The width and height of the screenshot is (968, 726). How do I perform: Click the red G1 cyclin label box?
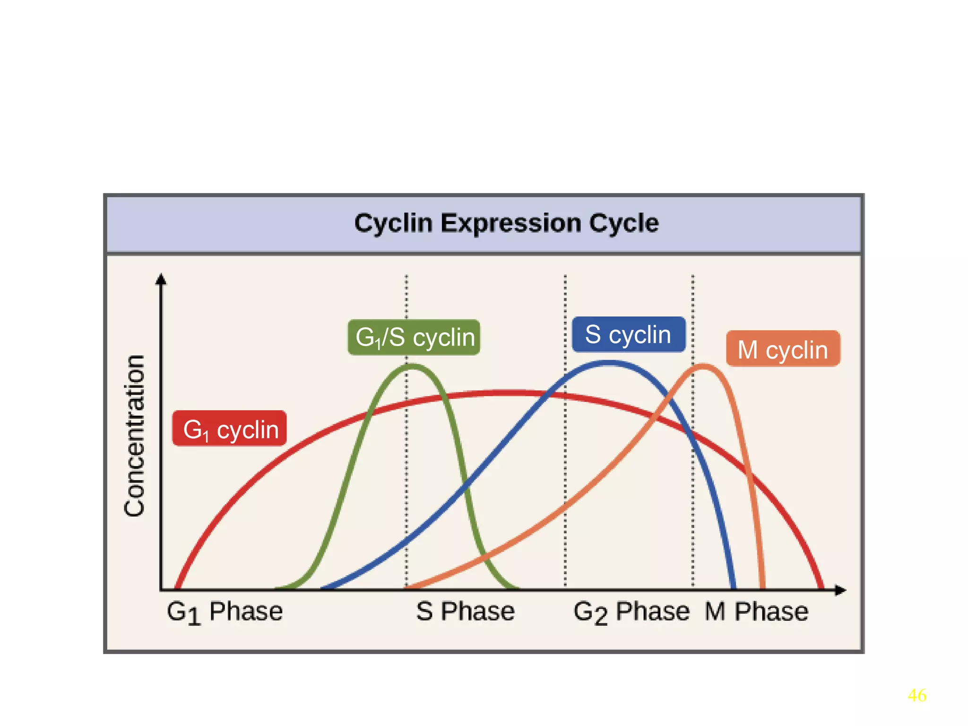tap(229, 428)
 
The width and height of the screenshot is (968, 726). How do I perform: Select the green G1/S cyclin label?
tap(414, 337)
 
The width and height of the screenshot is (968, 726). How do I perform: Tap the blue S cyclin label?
tap(628, 334)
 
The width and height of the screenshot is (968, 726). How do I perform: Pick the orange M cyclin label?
tap(783, 349)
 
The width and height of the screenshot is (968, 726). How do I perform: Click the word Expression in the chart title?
tap(510, 223)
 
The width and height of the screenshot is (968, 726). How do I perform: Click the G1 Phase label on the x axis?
tap(225, 612)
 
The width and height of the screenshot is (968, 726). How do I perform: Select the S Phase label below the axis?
tap(465, 611)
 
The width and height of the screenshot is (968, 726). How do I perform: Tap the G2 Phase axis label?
tap(631, 612)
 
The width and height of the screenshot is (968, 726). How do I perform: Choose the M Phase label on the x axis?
tap(756, 611)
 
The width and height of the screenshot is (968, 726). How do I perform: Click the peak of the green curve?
tap(412, 365)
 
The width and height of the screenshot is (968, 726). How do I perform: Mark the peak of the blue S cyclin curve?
tap(608, 363)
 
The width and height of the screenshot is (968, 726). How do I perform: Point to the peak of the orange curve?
tap(703, 365)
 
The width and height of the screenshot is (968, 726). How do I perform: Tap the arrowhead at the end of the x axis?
tap(840, 590)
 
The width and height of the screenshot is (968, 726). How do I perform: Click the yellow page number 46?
tap(916, 695)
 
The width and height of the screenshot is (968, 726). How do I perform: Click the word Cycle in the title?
tap(623, 223)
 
